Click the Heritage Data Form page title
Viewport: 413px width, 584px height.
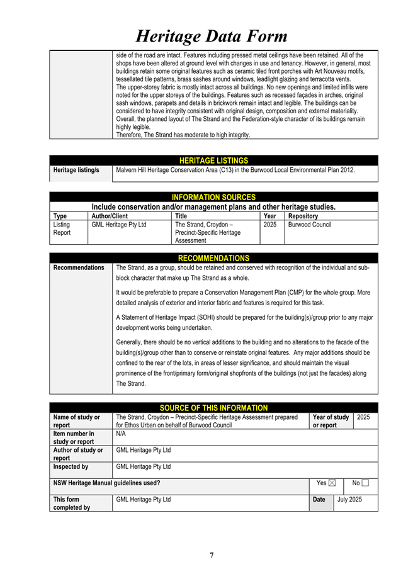(x=212, y=35)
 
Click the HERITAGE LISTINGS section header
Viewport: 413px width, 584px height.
(x=213, y=161)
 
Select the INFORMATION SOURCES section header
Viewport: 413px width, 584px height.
(x=213, y=198)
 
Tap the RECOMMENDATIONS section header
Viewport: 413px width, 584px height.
(x=213, y=258)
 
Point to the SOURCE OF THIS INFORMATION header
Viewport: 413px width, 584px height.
(x=213, y=408)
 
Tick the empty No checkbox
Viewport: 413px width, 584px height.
(x=365, y=483)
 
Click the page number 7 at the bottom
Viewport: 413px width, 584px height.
(x=212, y=554)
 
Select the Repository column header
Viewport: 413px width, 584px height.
(x=302, y=216)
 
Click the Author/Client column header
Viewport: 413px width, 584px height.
(x=110, y=216)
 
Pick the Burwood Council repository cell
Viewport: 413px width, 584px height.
(x=310, y=225)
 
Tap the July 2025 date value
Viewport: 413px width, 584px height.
(x=349, y=499)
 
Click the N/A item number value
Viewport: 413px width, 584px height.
(x=122, y=434)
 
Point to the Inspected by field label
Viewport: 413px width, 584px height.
(x=71, y=467)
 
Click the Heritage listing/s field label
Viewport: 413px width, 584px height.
(x=76, y=170)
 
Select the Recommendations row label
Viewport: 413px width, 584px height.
(x=79, y=268)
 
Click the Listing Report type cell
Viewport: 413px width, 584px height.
(x=62, y=228)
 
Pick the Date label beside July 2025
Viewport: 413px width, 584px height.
(x=319, y=499)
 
